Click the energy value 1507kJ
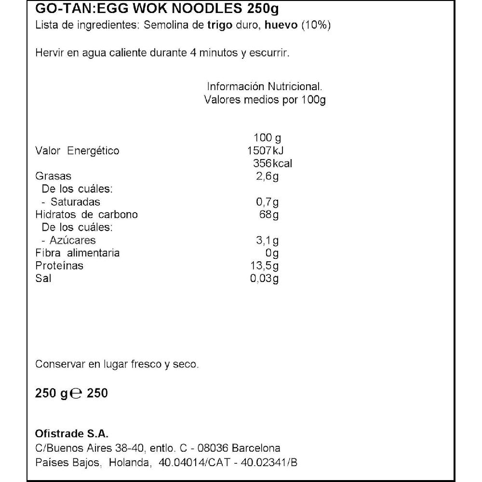pyautogui.click(x=264, y=151)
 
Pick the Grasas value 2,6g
pyautogui.click(x=268, y=176)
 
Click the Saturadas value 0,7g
pyautogui.click(x=268, y=202)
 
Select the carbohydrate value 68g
pyautogui.click(x=268, y=214)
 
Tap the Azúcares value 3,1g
pyautogui.click(x=268, y=240)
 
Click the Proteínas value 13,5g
pyautogui.click(x=265, y=266)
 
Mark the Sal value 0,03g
pyautogui.click(x=265, y=279)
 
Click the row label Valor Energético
pyautogui.click(x=77, y=151)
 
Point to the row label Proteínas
pyautogui.click(x=59, y=266)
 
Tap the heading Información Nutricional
pyautogui.click(x=264, y=87)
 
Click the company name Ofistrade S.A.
pyautogui.click(x=69, y=432)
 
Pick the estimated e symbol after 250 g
pyautogui.click(x=75, y=394)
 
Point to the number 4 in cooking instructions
pyautogui.click(x=192, y=53)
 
